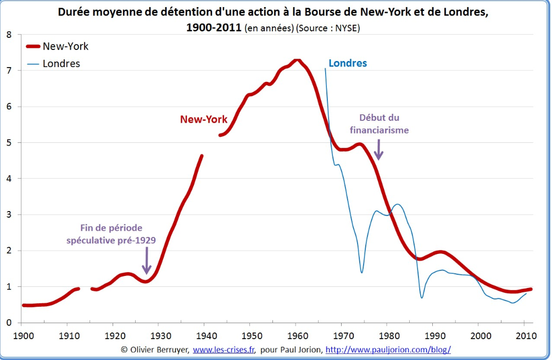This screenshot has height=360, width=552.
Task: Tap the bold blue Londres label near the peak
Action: tap(348, 63)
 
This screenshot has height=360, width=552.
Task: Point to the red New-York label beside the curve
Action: tap(204, 119)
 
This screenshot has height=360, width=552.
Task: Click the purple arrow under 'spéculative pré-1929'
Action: tap(147, 261)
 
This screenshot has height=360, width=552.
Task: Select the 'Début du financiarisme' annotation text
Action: tap(380, 124)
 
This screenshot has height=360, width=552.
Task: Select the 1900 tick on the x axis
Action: tap(22, 335)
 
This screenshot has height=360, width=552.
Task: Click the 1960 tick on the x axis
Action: tap(296, 335)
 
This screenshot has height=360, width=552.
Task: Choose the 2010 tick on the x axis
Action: tap(525, 335)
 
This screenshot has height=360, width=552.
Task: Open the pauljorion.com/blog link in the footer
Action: tap(388, 350)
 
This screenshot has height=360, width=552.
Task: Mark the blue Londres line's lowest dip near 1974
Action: tap(361, 272)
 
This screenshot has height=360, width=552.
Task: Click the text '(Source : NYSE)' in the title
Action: tap(328, 29)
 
